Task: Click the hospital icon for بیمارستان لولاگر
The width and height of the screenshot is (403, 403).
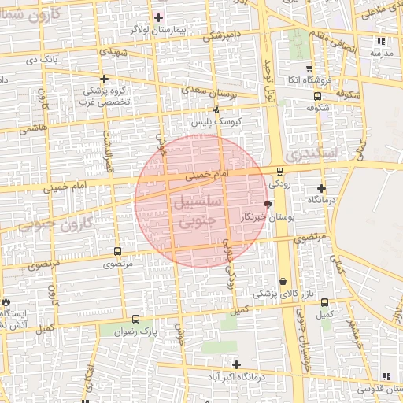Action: click(158, 17)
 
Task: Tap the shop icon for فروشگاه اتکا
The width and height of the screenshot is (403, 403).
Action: click(308, 68)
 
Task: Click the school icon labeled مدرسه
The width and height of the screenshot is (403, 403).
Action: click(382, 41)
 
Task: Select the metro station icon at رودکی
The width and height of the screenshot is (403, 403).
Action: click(279, 171)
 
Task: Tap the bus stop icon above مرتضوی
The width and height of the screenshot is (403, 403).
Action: click(117, 252)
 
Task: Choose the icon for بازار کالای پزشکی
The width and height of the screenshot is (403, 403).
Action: click(283, 281)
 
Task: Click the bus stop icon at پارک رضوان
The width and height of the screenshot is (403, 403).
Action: click(136, 320)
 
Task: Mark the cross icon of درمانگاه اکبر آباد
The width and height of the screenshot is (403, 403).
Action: click(236, 364)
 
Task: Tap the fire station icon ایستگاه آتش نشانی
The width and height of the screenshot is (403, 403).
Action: click(7, 301)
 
